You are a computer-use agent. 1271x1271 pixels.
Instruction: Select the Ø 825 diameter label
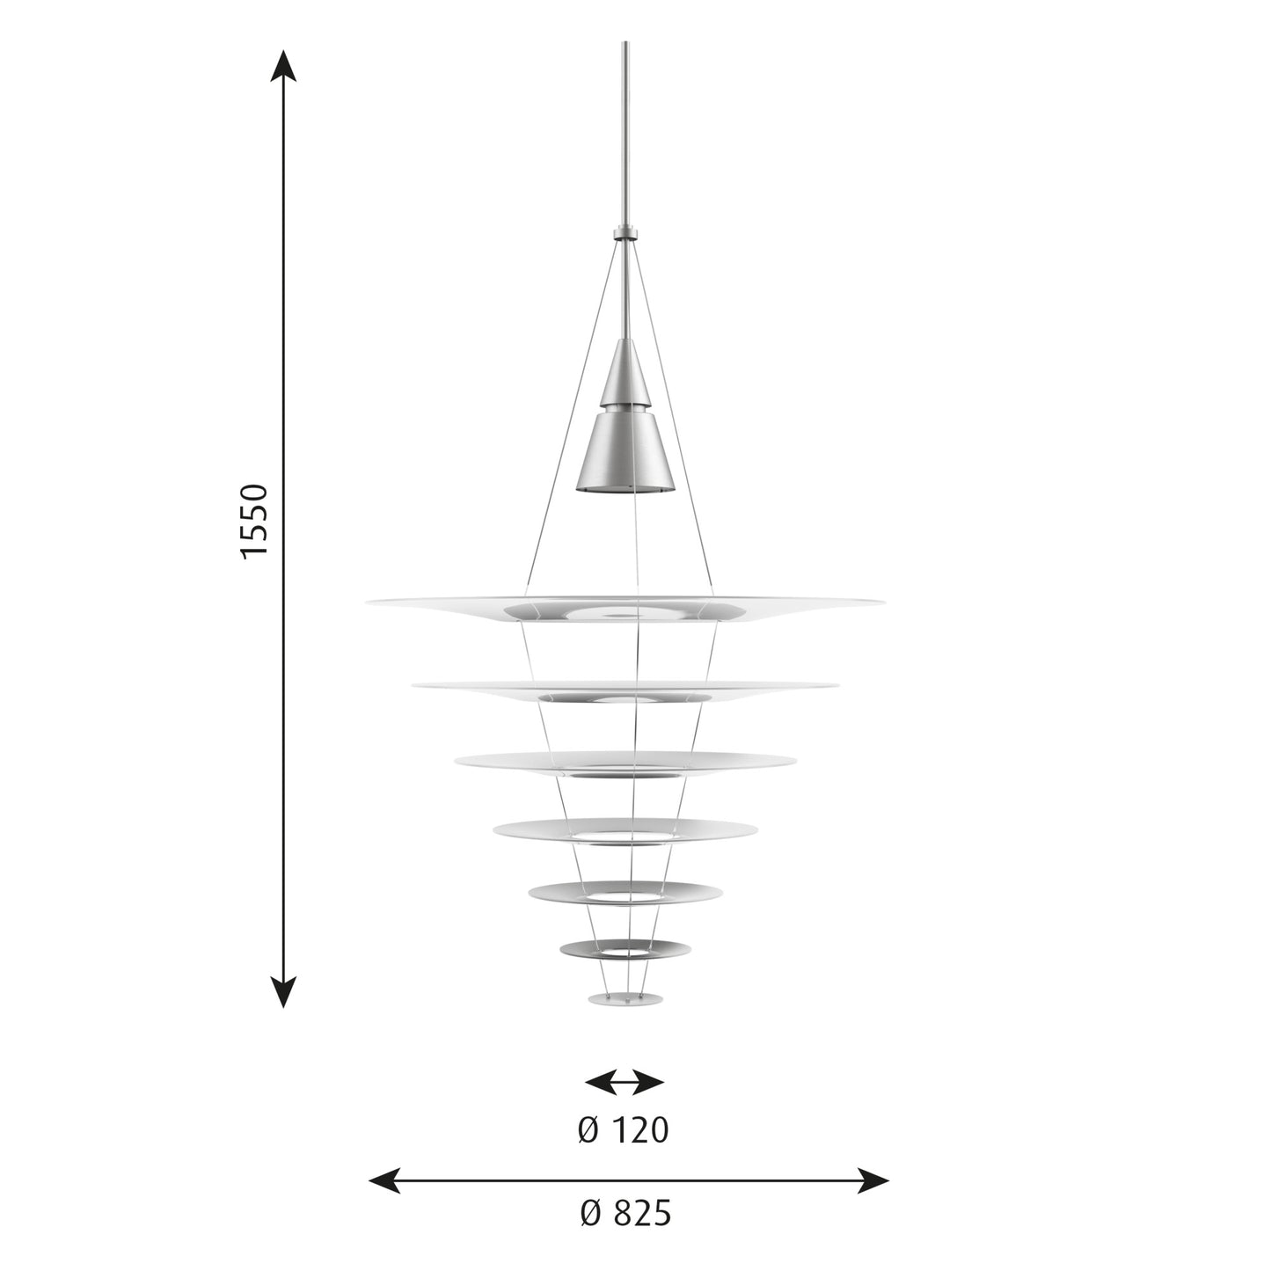point(625,1214)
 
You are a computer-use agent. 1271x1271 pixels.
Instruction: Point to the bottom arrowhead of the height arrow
point(282,992)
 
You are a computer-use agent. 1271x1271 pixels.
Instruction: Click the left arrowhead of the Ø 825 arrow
point(383,1180)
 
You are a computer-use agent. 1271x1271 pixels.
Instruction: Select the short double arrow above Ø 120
point(625,1082)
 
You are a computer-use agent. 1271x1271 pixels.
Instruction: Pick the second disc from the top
point(625,689)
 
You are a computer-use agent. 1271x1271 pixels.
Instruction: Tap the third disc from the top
point(625,762)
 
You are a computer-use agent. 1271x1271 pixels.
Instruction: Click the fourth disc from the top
point(625,829)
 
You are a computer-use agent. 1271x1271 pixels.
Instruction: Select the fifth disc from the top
point(625,892)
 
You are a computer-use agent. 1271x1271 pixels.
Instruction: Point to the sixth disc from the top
point(625,948)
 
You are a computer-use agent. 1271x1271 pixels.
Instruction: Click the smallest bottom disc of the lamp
point(625,999)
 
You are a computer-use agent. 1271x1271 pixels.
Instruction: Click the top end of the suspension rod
point(625,44)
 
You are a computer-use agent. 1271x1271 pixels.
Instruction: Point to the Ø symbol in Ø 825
point(590,1214)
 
